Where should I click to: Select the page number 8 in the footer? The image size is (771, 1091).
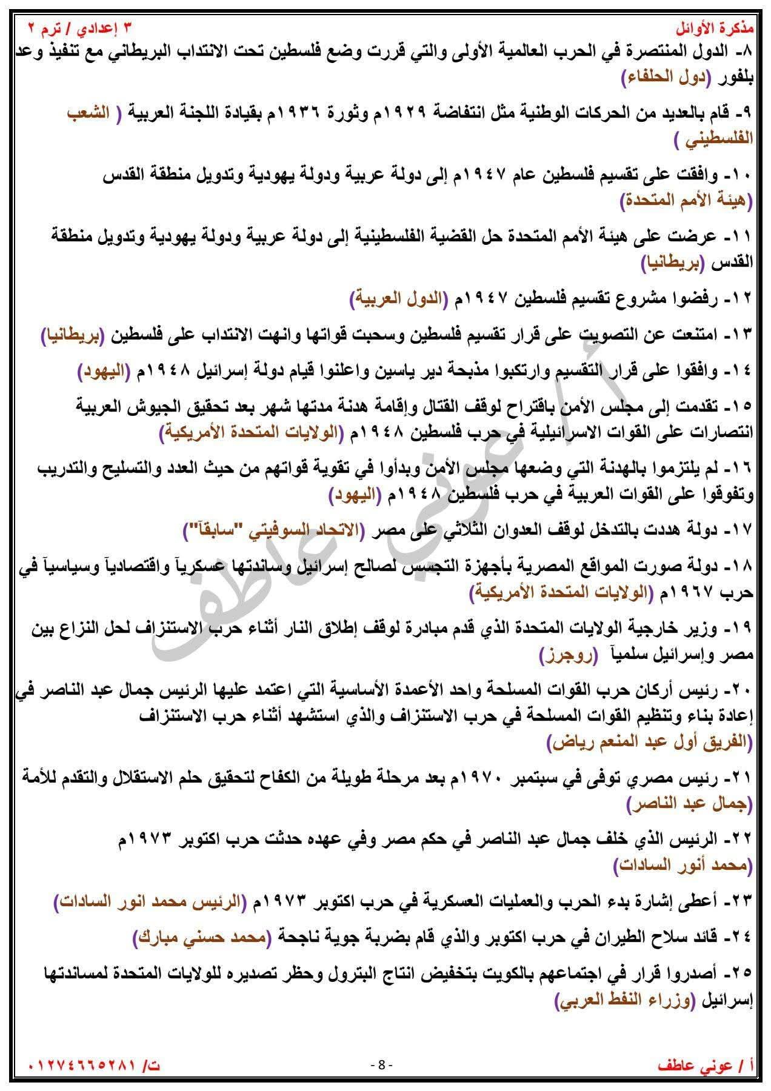coord(382,1064)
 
